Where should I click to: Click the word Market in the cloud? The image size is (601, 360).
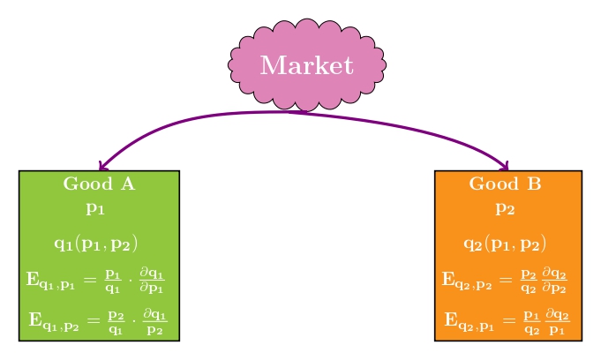pyautogui.click(x=306, y=65)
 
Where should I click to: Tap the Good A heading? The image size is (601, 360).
pyautogui.click(x=99, y=184)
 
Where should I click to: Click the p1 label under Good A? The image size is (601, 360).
pyautogui.click(x=95, y=209)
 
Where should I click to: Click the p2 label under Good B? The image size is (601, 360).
pyautogui.click(x=505, y=209)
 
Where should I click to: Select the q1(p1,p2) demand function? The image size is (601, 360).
pyautogui.click(x=96, y=243)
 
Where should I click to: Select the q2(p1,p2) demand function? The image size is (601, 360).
pyautogui.click(x=505, y=243)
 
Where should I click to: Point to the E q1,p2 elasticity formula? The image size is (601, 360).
pyautogui.click(x=98, y=319)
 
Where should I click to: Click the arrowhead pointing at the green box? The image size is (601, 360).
pyautogui.click(x=102, y=166)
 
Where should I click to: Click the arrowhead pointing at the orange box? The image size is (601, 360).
pyautogui.click(x=504, y=166)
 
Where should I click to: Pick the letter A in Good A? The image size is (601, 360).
pyautogui.click(x=128, y=184)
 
